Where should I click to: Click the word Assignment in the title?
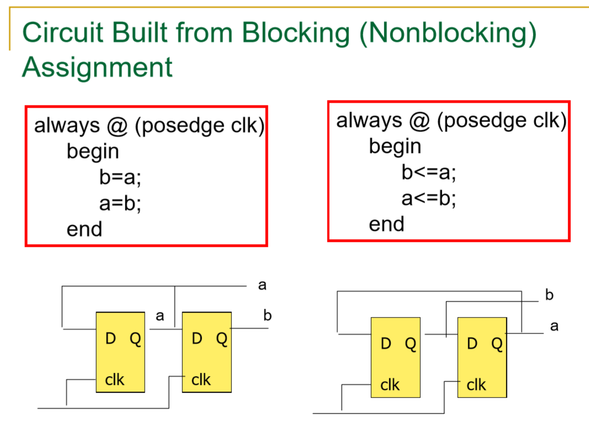(x=97, y=67)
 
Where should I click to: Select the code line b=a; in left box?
(x=120, y=178)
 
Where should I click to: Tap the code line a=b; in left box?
(x=120, y=204)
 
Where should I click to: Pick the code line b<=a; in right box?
(x=429, y=173)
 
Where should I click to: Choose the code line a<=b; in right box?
(x=429, y=198)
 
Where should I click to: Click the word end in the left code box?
(x=84, y=229)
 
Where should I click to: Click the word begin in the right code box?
(x=395, y=147)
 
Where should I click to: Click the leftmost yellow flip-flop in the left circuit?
(x=121, y=352)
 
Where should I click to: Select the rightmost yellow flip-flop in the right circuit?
(x=482, y=357)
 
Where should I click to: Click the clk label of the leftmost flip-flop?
(x=115, y=380)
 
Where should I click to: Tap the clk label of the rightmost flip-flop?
(x=476, y=385)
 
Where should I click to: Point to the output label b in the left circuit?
(x=268, y=316)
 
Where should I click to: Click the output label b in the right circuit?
(x=549, y=295)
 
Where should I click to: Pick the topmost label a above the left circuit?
(x=262, y=285)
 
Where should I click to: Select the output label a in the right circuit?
(x=554, y=326)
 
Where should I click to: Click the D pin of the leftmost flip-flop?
(x=110, y=339)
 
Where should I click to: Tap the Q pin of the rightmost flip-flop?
(x=497, y=344)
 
